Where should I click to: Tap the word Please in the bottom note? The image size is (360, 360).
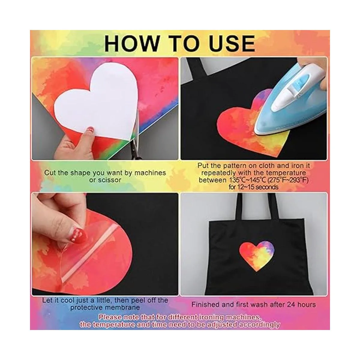point(110,317)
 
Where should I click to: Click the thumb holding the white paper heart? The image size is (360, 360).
point(88,133)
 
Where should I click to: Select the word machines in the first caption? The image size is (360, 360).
point(150,173)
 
